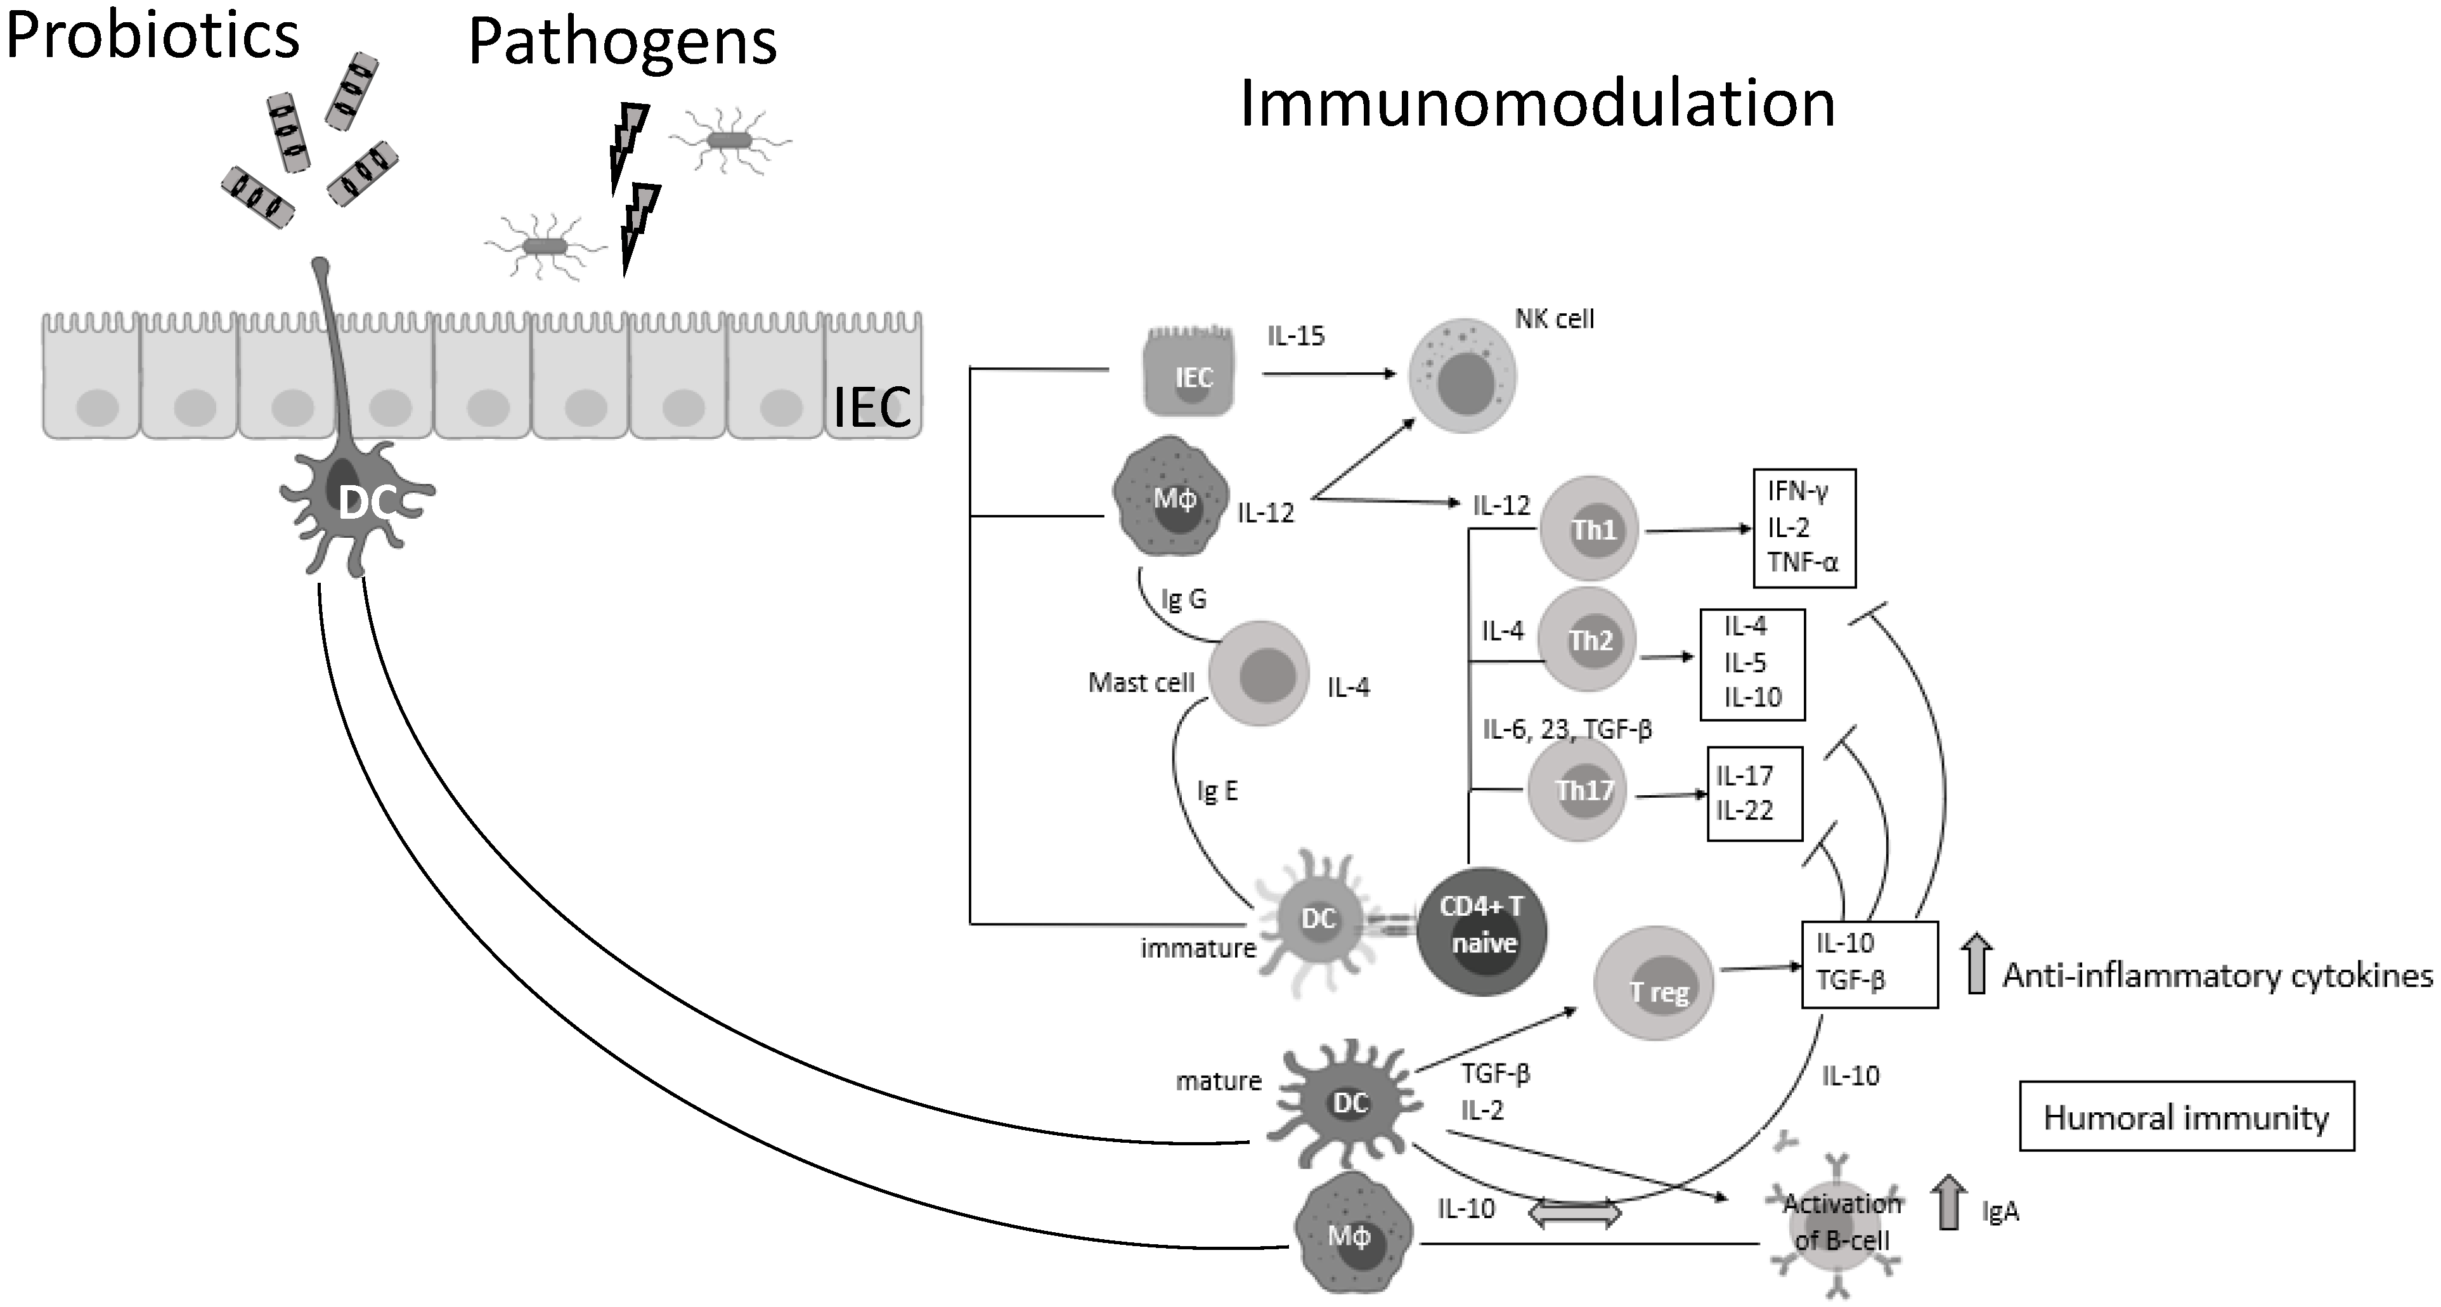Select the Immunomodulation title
pos(1537,103)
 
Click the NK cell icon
pos(1463,376)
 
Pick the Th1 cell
pos(1589,529)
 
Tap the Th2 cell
pos(1586,640)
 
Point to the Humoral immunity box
pos(2186,1117)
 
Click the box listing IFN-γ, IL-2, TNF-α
pos(1803,528)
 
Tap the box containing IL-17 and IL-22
pos(1754,793)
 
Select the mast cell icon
pos(1259,675)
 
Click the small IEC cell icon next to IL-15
pos(1190,374)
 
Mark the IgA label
pos(2000,1211)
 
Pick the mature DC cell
pos(1349,1102)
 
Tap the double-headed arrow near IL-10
pos(1576,1213)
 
